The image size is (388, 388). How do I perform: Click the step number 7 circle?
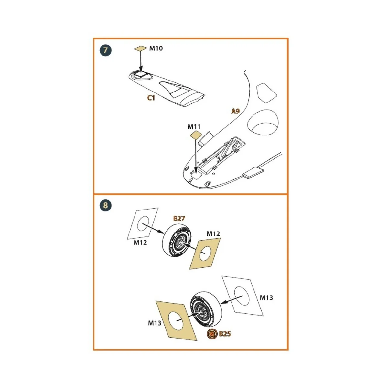pos(105,50)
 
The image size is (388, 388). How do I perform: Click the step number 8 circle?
pos(105,205)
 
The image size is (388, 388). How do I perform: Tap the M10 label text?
pos(156,48)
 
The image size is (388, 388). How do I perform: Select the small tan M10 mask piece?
pos(141,49)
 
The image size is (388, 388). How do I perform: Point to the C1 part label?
pos(151,98)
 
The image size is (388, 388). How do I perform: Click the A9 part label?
pos(235,111)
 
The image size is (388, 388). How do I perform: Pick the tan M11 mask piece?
pos(195,135)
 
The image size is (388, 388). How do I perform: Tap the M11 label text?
pos(194,127)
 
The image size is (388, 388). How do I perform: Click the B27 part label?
pos(179,219)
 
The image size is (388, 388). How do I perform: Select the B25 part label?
pos(225,334)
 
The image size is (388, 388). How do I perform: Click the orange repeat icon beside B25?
pos(212,334)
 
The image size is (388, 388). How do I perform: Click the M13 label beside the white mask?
pos(266,297)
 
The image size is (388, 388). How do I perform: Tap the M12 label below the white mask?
pos(140,242)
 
